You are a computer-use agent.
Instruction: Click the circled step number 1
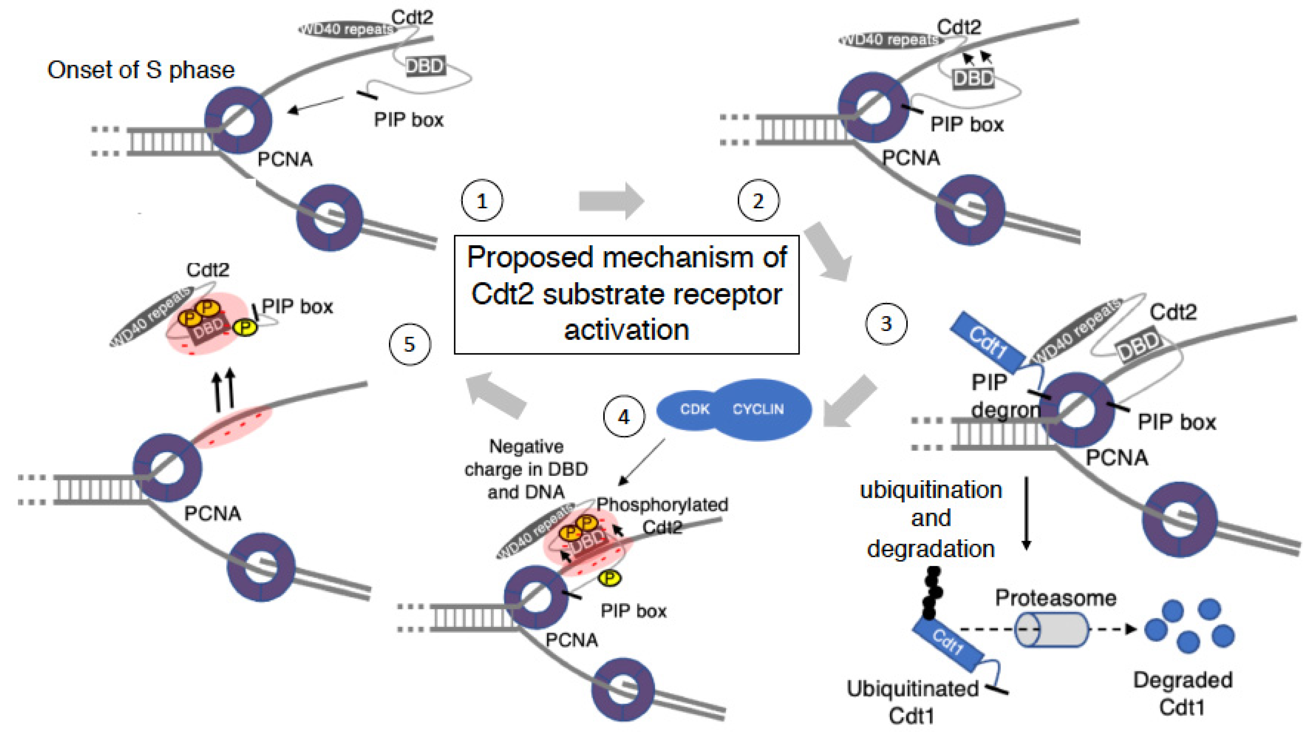[481, 200]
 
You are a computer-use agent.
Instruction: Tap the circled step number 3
[886, 323]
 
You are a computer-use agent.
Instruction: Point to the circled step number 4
[623, 417]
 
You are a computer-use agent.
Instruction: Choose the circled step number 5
[410, 344]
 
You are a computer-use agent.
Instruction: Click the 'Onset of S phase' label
[141, 70]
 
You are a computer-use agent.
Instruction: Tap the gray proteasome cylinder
[1051, 629]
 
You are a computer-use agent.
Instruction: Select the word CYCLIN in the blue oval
[758, 409]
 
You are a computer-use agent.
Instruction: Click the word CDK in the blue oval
[694, 409]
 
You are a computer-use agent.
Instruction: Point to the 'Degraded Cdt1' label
[1182, 694]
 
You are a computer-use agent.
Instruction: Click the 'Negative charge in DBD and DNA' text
[526, 469]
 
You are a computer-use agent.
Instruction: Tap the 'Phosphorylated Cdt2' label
[662, 515]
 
